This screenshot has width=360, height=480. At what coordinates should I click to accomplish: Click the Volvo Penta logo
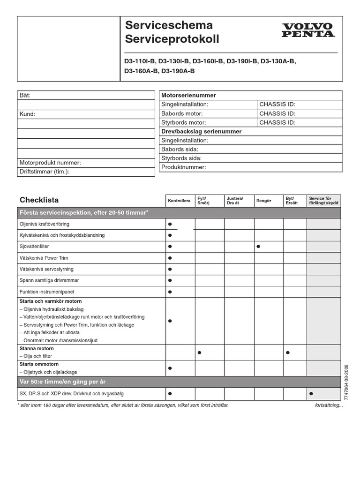tap(308, 30)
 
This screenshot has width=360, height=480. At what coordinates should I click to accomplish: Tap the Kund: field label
tap(27, 114)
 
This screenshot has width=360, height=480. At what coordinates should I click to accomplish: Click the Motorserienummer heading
tap(188, 95)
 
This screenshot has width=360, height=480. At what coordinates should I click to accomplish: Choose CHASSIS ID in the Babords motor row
tap(277, 113)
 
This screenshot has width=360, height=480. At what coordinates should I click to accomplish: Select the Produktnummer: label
tap(184, 167)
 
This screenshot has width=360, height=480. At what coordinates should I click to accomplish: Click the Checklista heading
tap(39, 200)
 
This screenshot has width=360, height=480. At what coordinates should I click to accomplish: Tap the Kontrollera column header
tap(179, 201)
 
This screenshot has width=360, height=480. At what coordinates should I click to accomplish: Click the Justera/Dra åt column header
tap(235, 201)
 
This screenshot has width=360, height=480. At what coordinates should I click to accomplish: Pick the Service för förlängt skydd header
tap(323, 201)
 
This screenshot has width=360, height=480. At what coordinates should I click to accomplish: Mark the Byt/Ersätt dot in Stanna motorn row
tap(288, 352)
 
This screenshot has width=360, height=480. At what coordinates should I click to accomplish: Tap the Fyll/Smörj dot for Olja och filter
tap(199, 352)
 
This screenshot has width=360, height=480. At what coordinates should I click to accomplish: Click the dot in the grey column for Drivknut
tap(311, 394)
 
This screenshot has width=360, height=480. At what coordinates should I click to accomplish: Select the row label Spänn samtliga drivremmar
tap(49, 280)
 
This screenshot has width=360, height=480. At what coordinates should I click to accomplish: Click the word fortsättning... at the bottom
tap(329, 405)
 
